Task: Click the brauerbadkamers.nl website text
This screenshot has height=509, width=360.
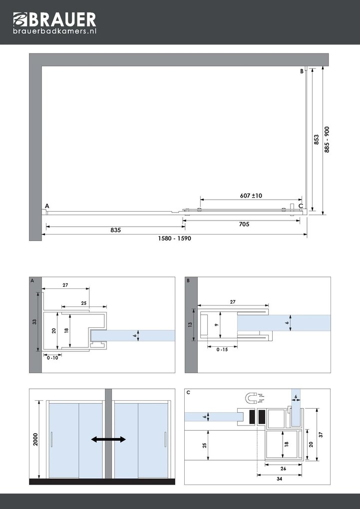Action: [x=54, y=31]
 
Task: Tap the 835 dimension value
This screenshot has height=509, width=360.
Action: [x=116, y=230]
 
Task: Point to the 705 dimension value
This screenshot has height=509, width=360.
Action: [x=244, y=224]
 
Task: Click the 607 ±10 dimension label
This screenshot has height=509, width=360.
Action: [x=251, y=196]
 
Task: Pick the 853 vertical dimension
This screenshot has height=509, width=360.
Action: [x=317, y=139]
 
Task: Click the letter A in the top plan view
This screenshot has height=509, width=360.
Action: [x=47, y=206]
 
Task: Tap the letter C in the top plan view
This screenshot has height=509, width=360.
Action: [x=301, y=206]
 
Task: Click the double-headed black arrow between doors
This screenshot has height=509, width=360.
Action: [x=108, y=439]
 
